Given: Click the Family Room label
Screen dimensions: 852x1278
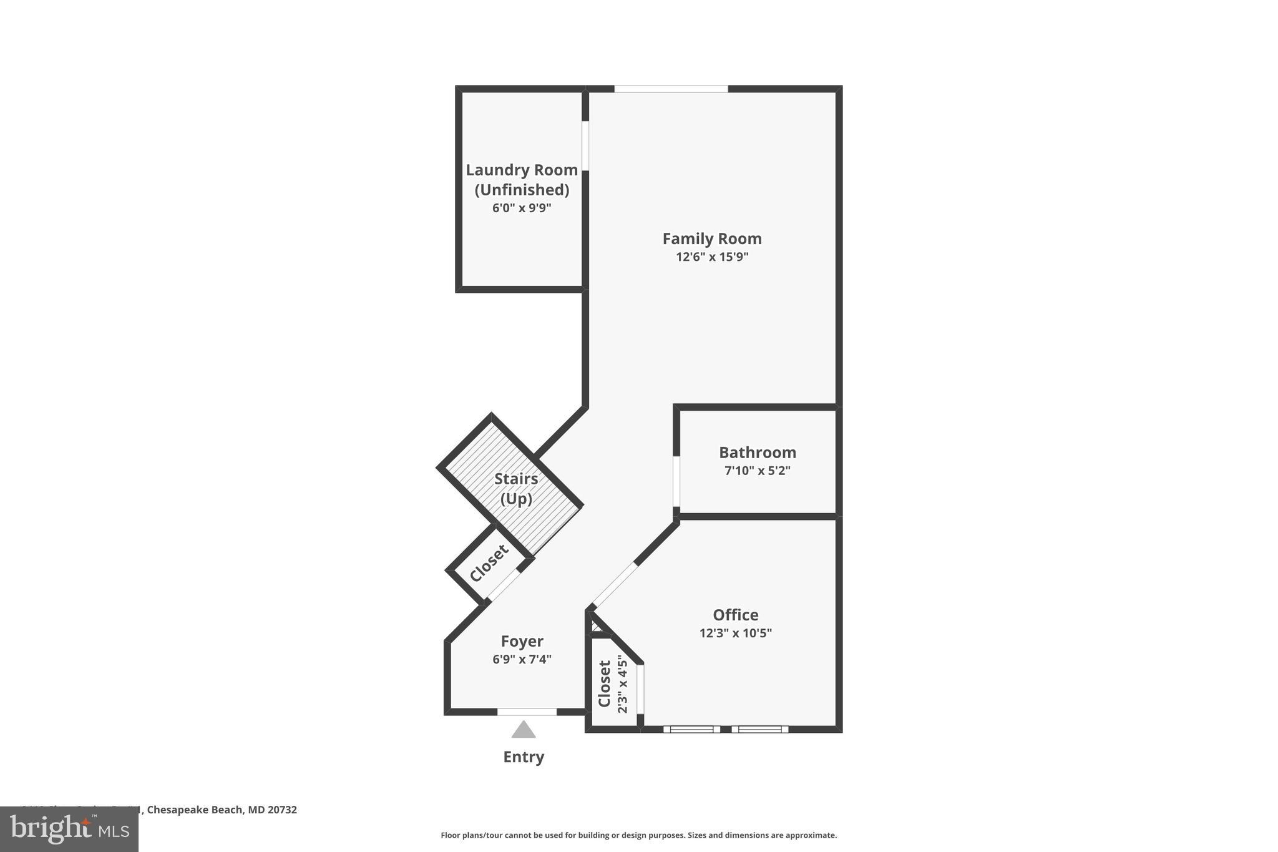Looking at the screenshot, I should coord(712,238).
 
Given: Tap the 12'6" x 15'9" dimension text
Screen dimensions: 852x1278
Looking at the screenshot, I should coord(712,257).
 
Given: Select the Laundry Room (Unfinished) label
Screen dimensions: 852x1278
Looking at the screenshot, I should coord(522,179).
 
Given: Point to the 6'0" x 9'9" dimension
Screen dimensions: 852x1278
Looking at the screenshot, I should coord(522,208).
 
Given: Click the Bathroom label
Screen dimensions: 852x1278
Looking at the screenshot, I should coord(758,453).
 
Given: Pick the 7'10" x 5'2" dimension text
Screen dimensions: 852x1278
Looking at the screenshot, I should coord(758,471).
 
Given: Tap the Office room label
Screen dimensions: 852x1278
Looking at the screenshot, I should coord(736,615).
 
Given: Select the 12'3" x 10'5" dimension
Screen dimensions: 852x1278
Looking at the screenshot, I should coord(736,633).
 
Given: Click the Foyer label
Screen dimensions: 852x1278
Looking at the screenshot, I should coord(522,641).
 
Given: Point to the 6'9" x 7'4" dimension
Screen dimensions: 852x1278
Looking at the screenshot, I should coord(522,659).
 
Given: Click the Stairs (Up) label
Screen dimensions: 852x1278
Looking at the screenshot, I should coord(516,489).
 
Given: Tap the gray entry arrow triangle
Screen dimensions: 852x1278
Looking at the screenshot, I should coord(524,730).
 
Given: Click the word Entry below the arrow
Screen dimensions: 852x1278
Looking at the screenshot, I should coord(524,757).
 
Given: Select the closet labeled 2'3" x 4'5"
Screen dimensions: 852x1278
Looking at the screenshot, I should coord(612,684).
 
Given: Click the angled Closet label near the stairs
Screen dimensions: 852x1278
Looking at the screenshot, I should coord(489,563).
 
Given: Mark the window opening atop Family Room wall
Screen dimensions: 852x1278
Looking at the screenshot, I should coord(671,89).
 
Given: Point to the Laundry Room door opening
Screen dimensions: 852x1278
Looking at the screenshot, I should coord(585,145).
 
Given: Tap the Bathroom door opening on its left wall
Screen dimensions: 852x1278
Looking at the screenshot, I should coord(676,481).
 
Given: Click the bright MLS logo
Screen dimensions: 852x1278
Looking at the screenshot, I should coord(69,829).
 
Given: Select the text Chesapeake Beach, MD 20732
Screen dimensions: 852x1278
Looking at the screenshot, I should coord(222,810).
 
